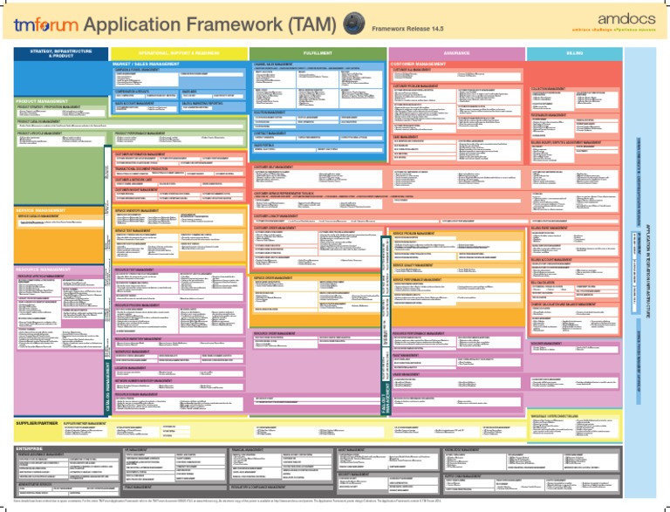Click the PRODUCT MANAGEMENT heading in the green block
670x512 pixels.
click(40, 101)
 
